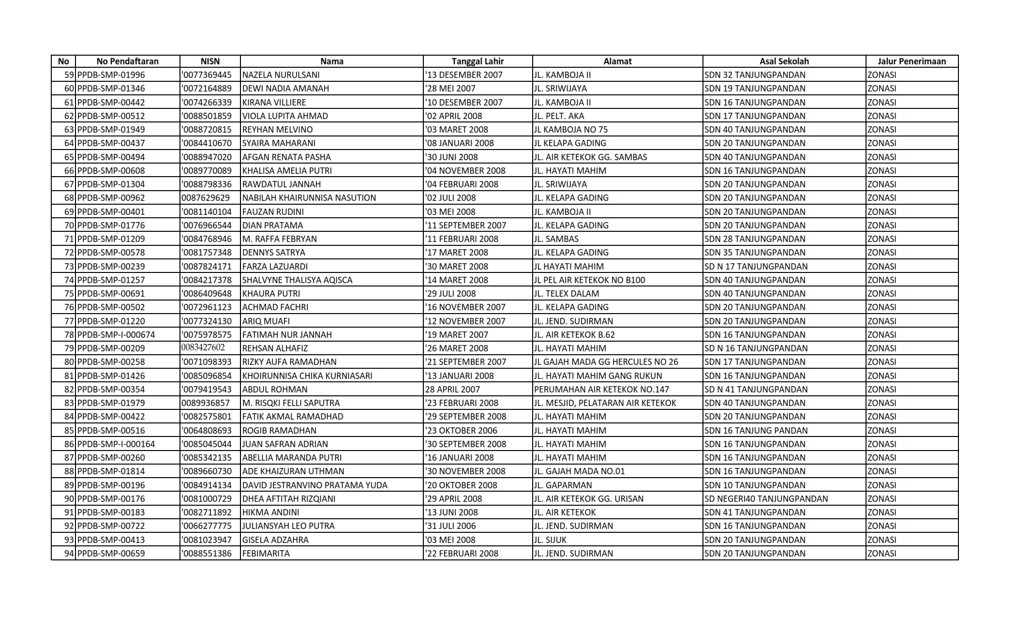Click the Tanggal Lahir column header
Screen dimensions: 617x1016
pos(478,61)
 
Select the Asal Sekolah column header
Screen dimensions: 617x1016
pos(784,61)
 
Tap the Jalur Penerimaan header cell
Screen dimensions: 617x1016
pos(911,61)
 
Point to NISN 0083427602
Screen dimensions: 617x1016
pos(203,348)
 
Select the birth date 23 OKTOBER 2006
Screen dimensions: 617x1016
pos(461,431)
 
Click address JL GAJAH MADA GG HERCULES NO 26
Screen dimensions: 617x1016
pos(606,362)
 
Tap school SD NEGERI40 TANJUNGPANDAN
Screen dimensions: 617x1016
pos(766,499)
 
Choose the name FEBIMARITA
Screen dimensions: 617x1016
pos(266,554)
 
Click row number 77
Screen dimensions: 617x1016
pos(69,321)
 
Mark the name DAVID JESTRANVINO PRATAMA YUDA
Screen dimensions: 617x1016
pos(314,485)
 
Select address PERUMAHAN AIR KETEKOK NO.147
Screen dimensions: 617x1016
pos(601,390)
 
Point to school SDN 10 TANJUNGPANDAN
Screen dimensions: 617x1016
pos(755,485)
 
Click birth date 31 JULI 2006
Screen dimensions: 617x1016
pos(450,526)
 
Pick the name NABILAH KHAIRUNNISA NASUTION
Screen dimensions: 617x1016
pos(309,198)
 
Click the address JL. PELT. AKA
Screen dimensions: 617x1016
pos(559,116)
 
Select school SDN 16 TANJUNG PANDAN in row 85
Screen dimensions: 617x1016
pos(756,431)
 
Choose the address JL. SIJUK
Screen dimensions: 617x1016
pos(550,540)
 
